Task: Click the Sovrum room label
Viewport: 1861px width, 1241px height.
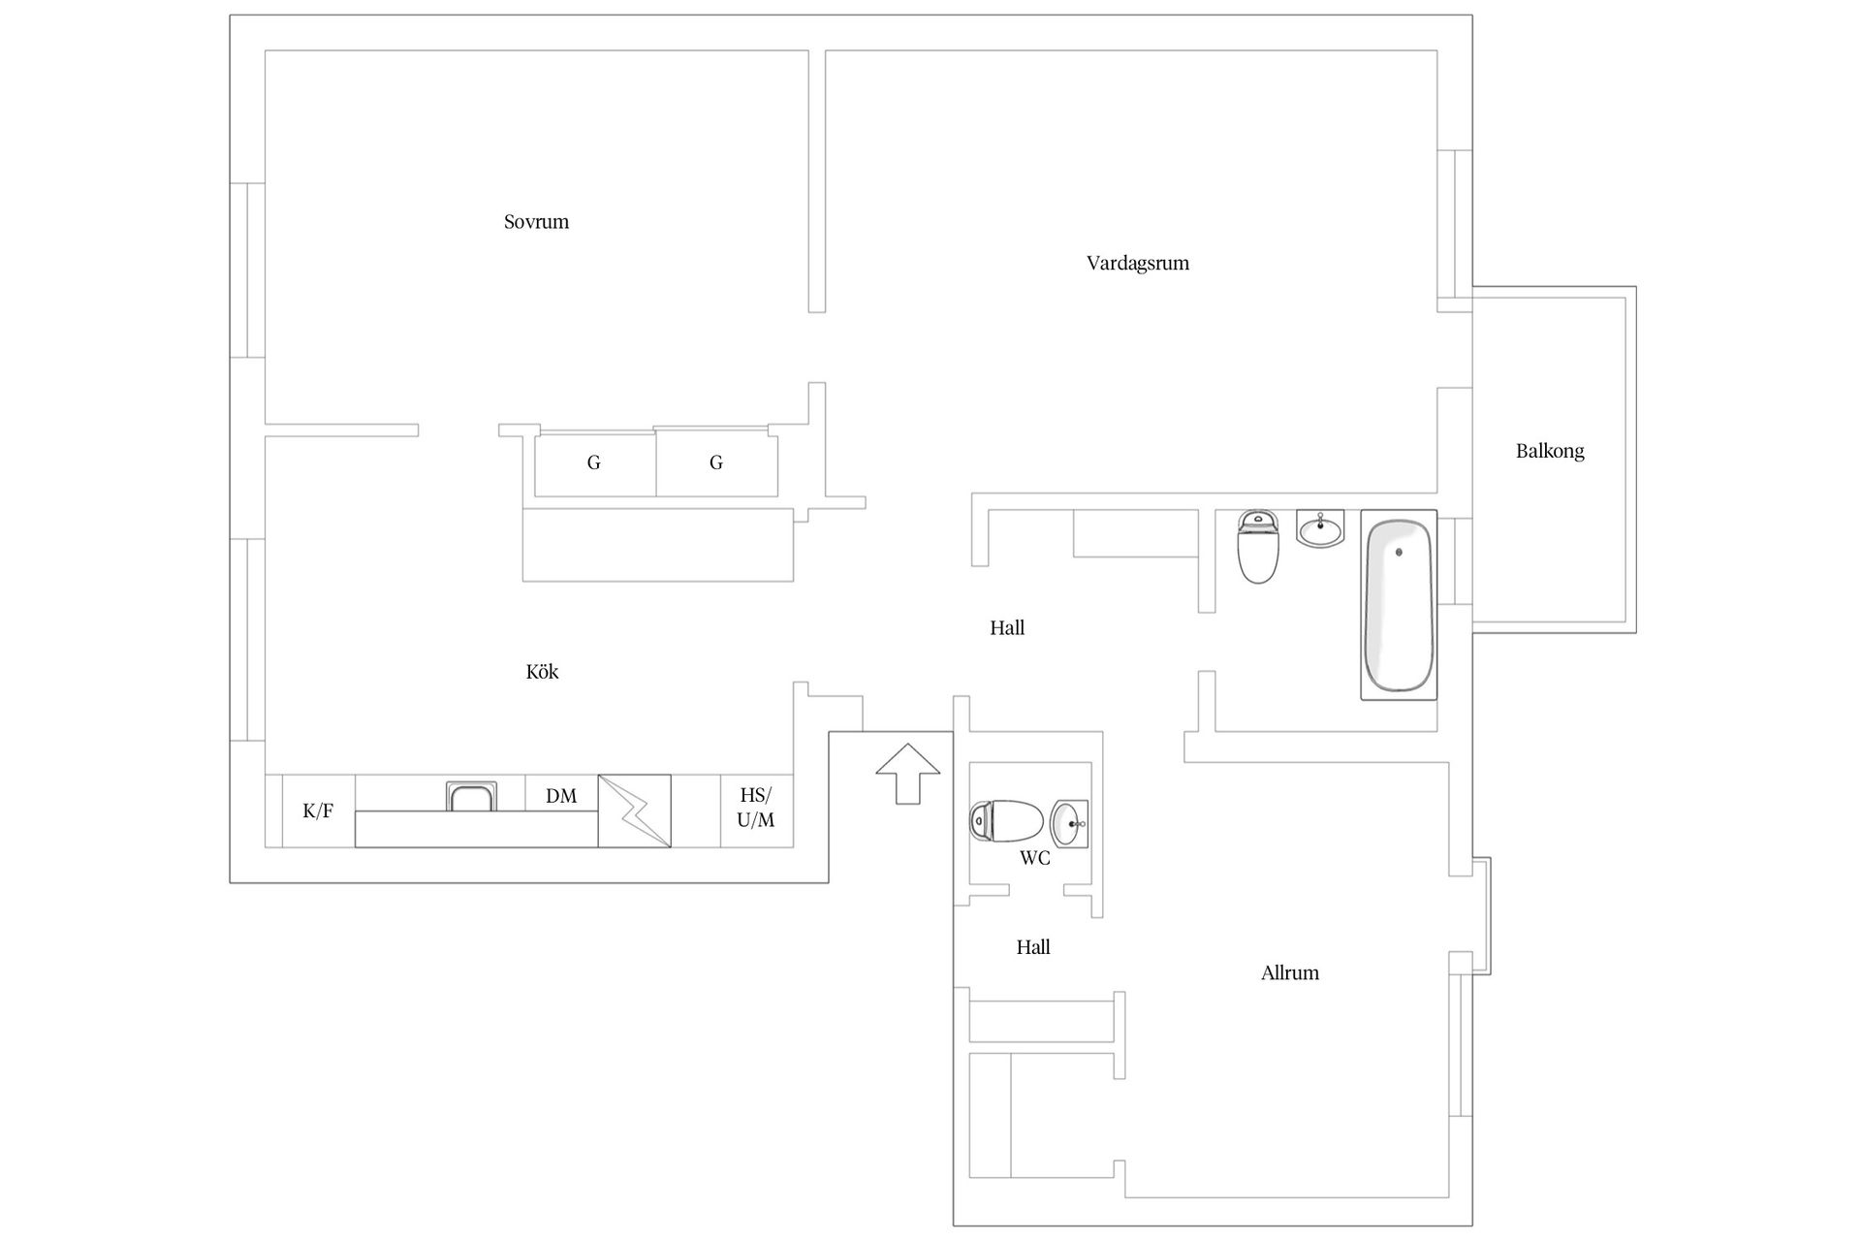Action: pyautogui.click(x=536, y=222)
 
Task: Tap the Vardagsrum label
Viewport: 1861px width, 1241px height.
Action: pyautogui.click(x=1137, y=264)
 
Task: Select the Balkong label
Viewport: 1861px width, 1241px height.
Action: pyautogui.click(x=1550, y=451)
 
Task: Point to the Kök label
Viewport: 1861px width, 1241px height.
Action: pyautogui.click(x=542, y=672)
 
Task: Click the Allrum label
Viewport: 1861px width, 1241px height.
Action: pyautogui.click(x=1289, y=973)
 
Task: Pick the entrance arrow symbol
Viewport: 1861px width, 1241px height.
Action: pyautogui.click(x=908, y=774)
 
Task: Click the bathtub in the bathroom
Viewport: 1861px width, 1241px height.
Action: pyautogui.click(x=1399, y=605)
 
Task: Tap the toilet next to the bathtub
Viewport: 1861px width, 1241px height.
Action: pyautogui.click(x=1258, y=547)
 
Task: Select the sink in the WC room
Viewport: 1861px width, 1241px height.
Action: pyautogui.click(x=1069, y=823)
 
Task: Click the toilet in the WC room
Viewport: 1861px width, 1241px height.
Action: pyautogui.click(x=1006, y=820)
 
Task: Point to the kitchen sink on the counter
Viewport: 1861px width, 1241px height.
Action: pyautogui.click(x=471, y=796)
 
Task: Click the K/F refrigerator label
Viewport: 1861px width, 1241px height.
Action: pyautogui.click(x=318, y=811)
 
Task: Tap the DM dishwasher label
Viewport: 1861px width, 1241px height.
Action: pyautogui.click(x=561, y=796)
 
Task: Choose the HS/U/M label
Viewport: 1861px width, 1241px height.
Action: pyautogui.click(x=756, y=808)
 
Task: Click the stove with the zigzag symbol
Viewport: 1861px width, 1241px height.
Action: pyautogui.click(x=634, y=811)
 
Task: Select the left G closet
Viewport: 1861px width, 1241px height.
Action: pyautogui.click(x=595, y=463)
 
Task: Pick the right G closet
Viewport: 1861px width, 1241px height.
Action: pyautogui.click(x=717, y=463)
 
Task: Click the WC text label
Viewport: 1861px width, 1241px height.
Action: pyautogui.click(x=1034, y=858)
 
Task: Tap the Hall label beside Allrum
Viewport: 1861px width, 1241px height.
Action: pyautogui.click(x=1033, y=947)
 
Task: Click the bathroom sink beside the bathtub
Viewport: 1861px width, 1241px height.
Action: pyautogui.click(x=1320, y=528)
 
